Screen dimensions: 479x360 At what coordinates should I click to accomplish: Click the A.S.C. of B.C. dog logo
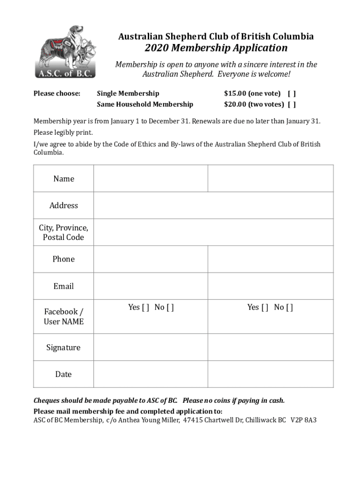pyautogui.click(x=65, y=51)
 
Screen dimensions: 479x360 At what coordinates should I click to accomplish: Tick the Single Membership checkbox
pyautogui.click(x=292, y=94)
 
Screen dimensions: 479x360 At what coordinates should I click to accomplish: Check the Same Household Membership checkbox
pyautogui.click(x=292, y=104)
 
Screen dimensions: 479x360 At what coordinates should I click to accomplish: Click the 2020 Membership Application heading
pyautogui.click(x=216, y=48)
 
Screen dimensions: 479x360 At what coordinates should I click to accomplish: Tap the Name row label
pyautogui.click(x=64, y=179)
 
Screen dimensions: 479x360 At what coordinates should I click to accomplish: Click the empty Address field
pyautogui.click(x=214, y=205)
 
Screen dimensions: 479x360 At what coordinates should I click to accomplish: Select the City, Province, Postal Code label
pyautogui.click(x=64, y=232)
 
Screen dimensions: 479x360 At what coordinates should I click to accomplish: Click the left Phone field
pyautogui.click(x=151, y=259)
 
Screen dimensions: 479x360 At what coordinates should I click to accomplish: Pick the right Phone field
pyautogui.click(x=270, y=259)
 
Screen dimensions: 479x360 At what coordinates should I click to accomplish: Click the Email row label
pyautogui.click(x=64, y=286)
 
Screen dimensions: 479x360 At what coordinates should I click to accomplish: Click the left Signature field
pyautogui.click(x=151, y=347)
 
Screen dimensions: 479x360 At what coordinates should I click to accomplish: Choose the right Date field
pyautogui.click(x=270, y=374)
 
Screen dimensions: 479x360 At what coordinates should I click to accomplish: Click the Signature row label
pyautogui.click(x=64, y=348)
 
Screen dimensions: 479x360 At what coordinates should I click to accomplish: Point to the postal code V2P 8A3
pyautogui.click(x=303, y=420)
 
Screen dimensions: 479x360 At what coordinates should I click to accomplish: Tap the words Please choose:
pyautogui.click(x=57, y=94)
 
